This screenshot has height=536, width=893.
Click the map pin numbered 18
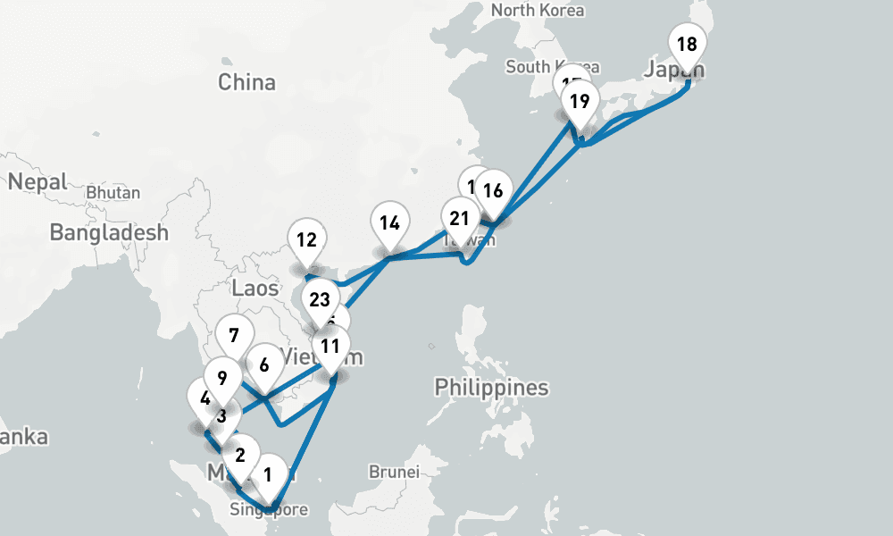(x=687, y=45)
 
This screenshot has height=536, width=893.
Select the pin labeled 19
(x=580, y=101)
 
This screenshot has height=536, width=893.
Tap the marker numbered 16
(x=493, y=190)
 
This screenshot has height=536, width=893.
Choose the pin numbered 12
(x=307, y=239)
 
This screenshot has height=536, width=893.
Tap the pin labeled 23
(x=320, y=299)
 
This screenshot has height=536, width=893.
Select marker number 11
(x=330, y=347)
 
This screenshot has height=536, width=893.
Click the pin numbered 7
(x=233, y=336)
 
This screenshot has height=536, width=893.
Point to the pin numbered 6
(x=264, y=364)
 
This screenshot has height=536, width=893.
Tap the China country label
(x=247, y=83)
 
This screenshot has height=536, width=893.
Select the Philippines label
(x=491, y=388)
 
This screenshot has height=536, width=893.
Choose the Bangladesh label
(x=109, y=233)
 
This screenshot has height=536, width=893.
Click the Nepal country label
(x=38, y=182)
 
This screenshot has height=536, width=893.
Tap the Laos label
(x=255, y=289)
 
